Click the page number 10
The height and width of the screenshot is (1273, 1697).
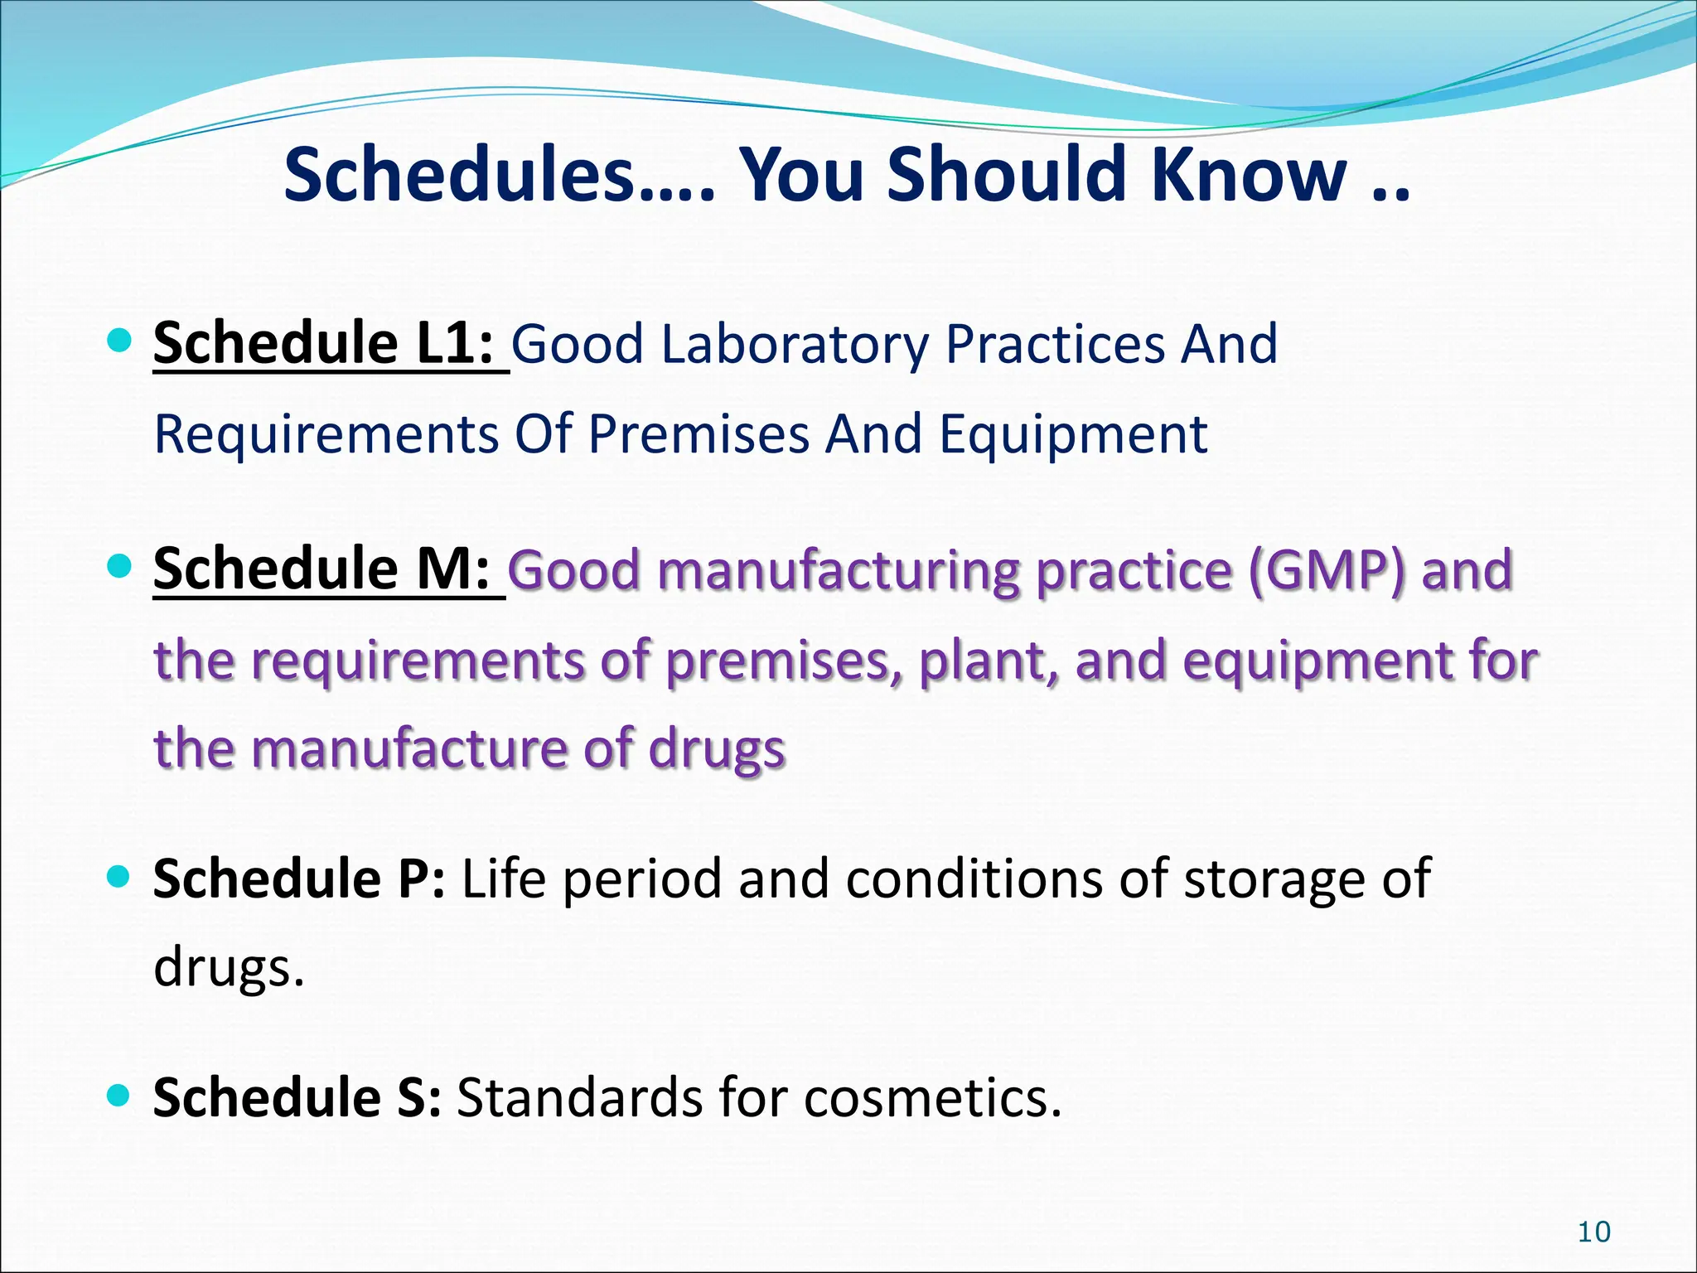(1593, 1232)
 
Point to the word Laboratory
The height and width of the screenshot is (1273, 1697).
(795, 345)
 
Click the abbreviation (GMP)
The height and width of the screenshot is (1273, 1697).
(1327, 571)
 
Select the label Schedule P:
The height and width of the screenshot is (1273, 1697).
(299, 879)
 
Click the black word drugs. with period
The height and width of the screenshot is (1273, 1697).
(230, 968)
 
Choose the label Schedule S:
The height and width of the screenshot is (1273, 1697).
(297, 1097)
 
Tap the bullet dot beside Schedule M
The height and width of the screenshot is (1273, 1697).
(120, 566)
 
